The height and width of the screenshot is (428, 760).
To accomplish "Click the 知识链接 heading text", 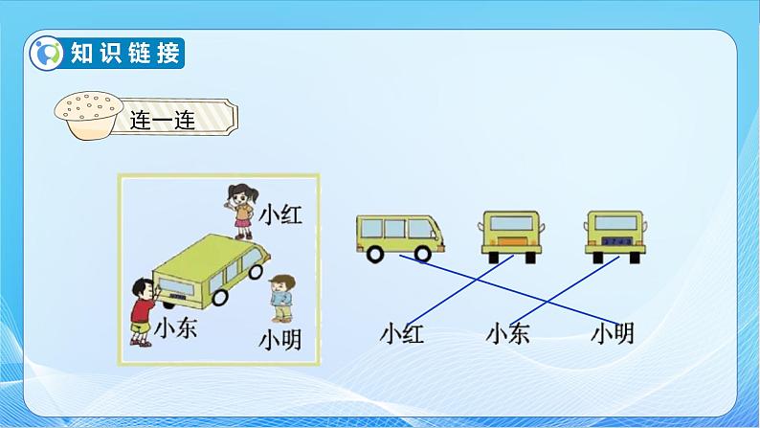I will [124, 54].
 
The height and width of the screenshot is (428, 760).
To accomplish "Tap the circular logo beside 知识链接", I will [46, 54].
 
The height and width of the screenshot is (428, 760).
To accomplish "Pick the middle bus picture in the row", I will [509, 236].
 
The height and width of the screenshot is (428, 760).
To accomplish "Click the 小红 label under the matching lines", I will [401, 334].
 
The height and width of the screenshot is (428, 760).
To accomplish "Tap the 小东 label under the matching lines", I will [507, 334].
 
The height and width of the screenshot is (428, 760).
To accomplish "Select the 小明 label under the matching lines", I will [612, 334].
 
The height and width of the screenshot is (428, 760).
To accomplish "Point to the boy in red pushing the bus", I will [142, 308].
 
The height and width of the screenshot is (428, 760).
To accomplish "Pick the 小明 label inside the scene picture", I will [279, 339].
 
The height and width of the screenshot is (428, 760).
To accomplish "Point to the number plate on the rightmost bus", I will [610, 245].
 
